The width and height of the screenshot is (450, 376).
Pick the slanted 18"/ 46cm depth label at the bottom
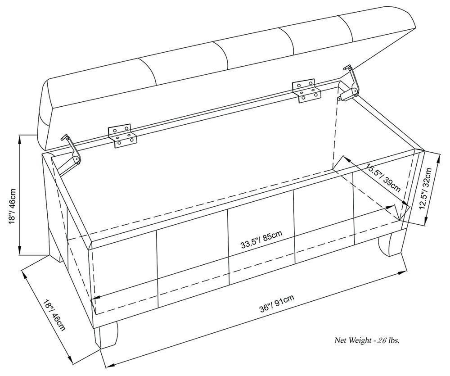(54, 315)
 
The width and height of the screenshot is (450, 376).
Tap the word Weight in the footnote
(358, 340)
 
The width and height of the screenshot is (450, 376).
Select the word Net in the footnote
(340, 340)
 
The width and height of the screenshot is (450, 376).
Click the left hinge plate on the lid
(122, 136)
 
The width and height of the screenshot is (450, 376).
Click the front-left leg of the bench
(108, 335)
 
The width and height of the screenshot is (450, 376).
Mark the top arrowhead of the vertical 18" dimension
(20, 138)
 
